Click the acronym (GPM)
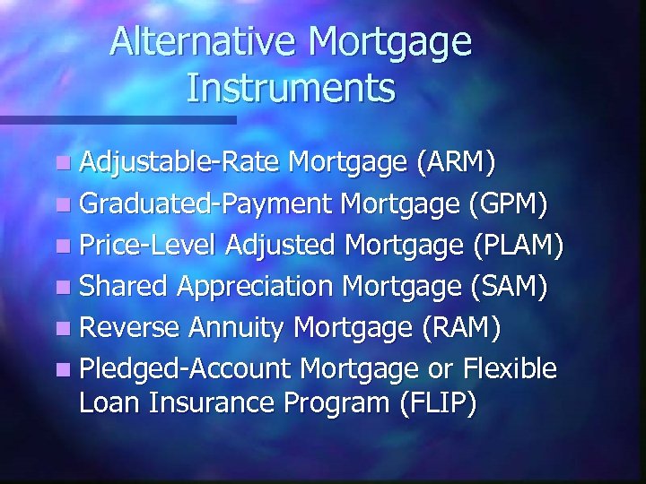click(508, 204)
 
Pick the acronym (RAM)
click(460, 328)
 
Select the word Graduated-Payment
click(205, 204)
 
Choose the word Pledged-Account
click(186, 368)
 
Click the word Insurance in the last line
click(214, 403)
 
